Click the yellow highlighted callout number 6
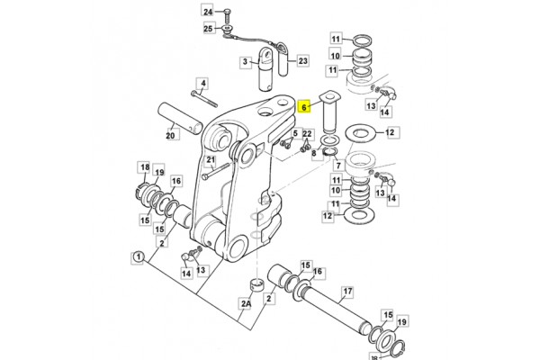point(303,107)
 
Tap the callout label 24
point(208,12)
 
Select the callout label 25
point(208,28)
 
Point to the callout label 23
point(302,61)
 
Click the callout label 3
point(245,62)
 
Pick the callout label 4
point(202,84)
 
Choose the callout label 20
point(170,135)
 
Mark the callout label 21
point(211,160)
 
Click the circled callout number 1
point(138,257)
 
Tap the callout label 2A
point(246,303)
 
